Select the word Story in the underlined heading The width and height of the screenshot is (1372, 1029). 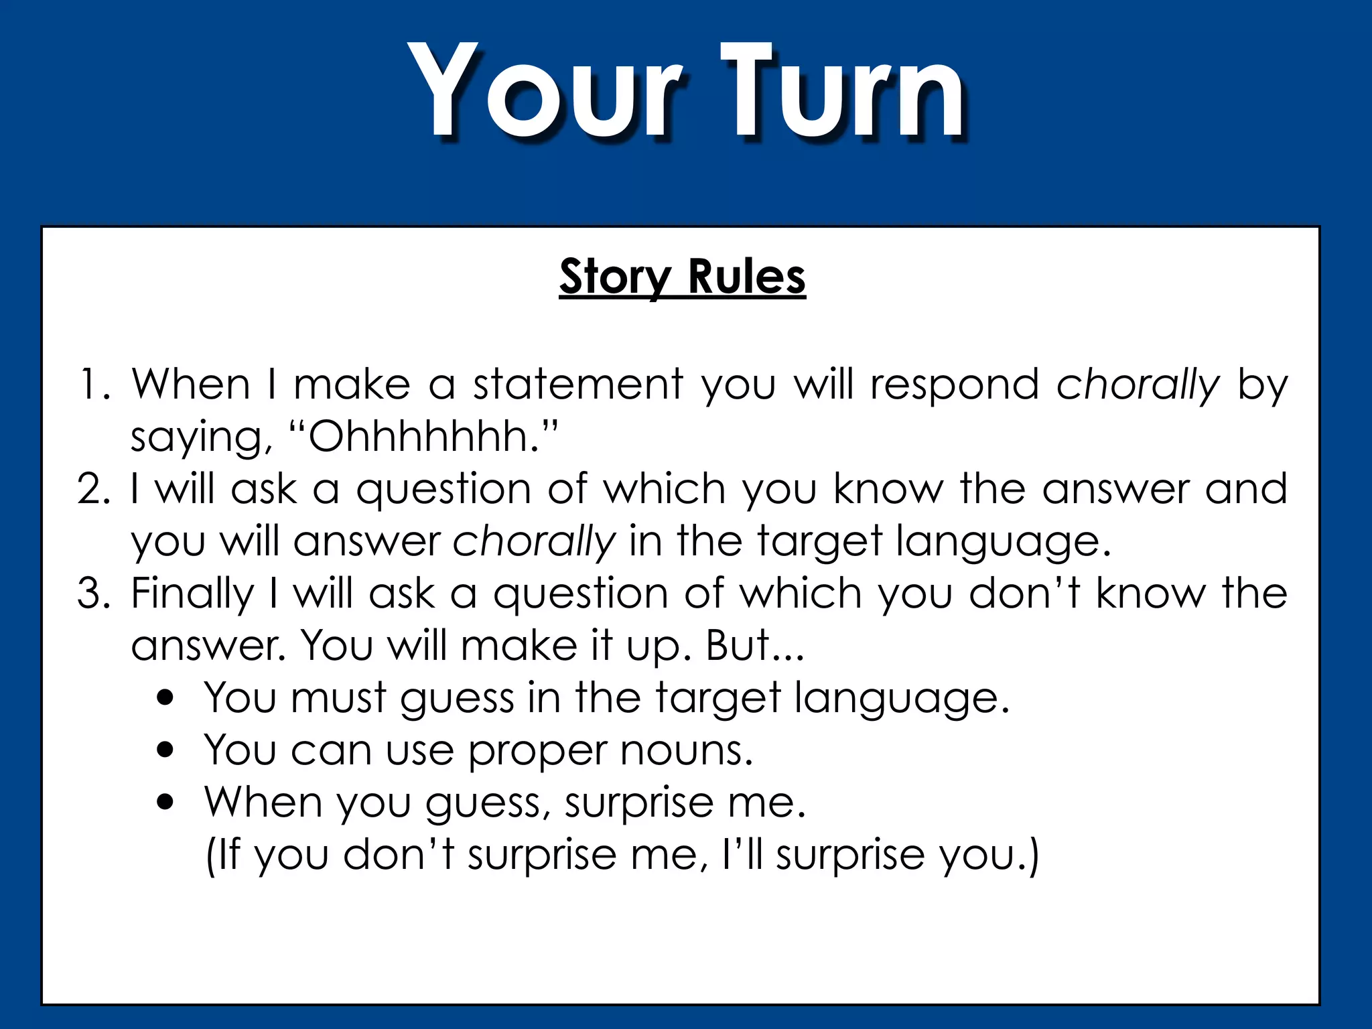(x=615, y=277)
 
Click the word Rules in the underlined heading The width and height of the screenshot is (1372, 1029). (x=746, y=277)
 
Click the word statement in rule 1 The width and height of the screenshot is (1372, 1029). (x=577, y=385)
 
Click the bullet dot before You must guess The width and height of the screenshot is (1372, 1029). (x=165, y=698)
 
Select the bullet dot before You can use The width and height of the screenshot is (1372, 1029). (x=165, y=750)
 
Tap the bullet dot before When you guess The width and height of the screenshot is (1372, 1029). (x=165, y=802)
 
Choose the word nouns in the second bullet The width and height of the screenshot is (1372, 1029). (x=686, y=750)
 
